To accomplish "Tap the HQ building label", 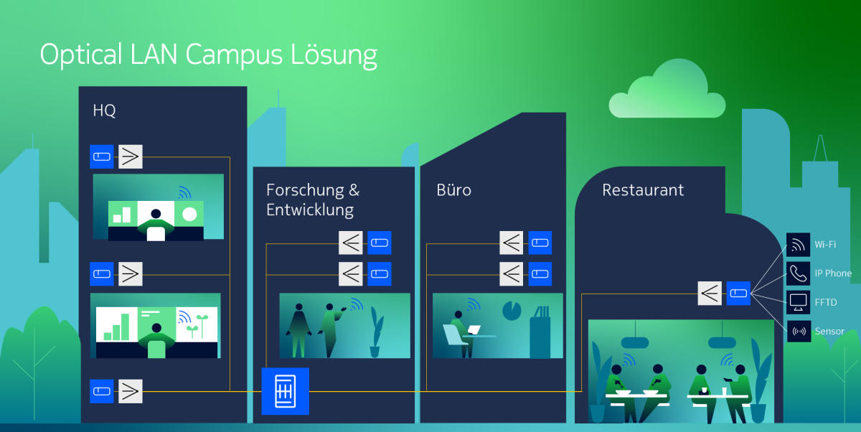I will coord(104,111).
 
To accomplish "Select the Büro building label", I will coord(453,190).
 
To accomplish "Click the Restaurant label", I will coord(643,190).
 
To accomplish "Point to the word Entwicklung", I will coord(310,210).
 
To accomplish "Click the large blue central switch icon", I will coord(285,391).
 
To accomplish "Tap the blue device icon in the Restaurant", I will coord(738,293).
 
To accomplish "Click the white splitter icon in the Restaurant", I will coord(710,293).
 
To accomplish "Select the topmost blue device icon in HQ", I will coord(102,156).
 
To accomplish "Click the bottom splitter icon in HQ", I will coord(131,391).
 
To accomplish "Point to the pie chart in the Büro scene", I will coord(512,311).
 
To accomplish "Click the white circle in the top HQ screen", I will coord(189,214).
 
